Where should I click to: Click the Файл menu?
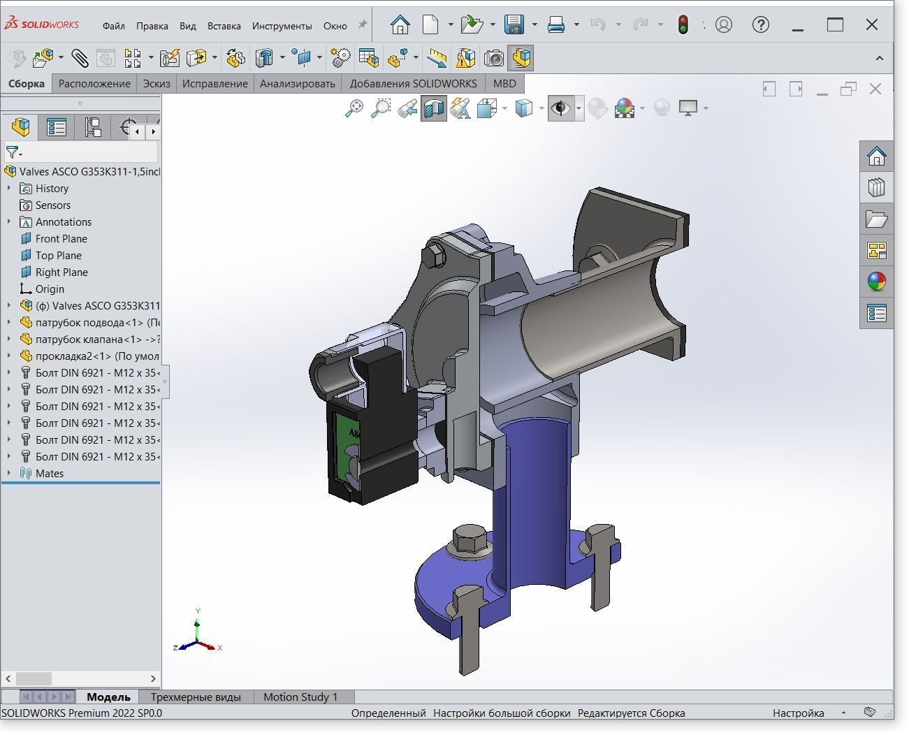coord(113,26)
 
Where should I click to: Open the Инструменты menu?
coord(282,26)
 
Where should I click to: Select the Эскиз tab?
coord(157,84)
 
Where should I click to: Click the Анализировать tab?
coord(297,84)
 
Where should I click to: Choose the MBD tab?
coord(504,84)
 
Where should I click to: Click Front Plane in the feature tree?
coord(61,239)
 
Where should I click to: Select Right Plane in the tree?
coord(61,272)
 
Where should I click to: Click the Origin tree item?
coord(50,289)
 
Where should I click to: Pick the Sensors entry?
coord(52,205)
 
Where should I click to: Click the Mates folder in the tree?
coord(49,474)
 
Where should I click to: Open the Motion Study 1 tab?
coord(300,697)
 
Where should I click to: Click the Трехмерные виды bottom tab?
coord(196,697)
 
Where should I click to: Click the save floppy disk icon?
coord(514,25)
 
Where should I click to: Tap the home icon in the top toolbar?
coord(400,25)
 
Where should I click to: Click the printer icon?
coord(556,25)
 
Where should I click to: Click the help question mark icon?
coord(760,25)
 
